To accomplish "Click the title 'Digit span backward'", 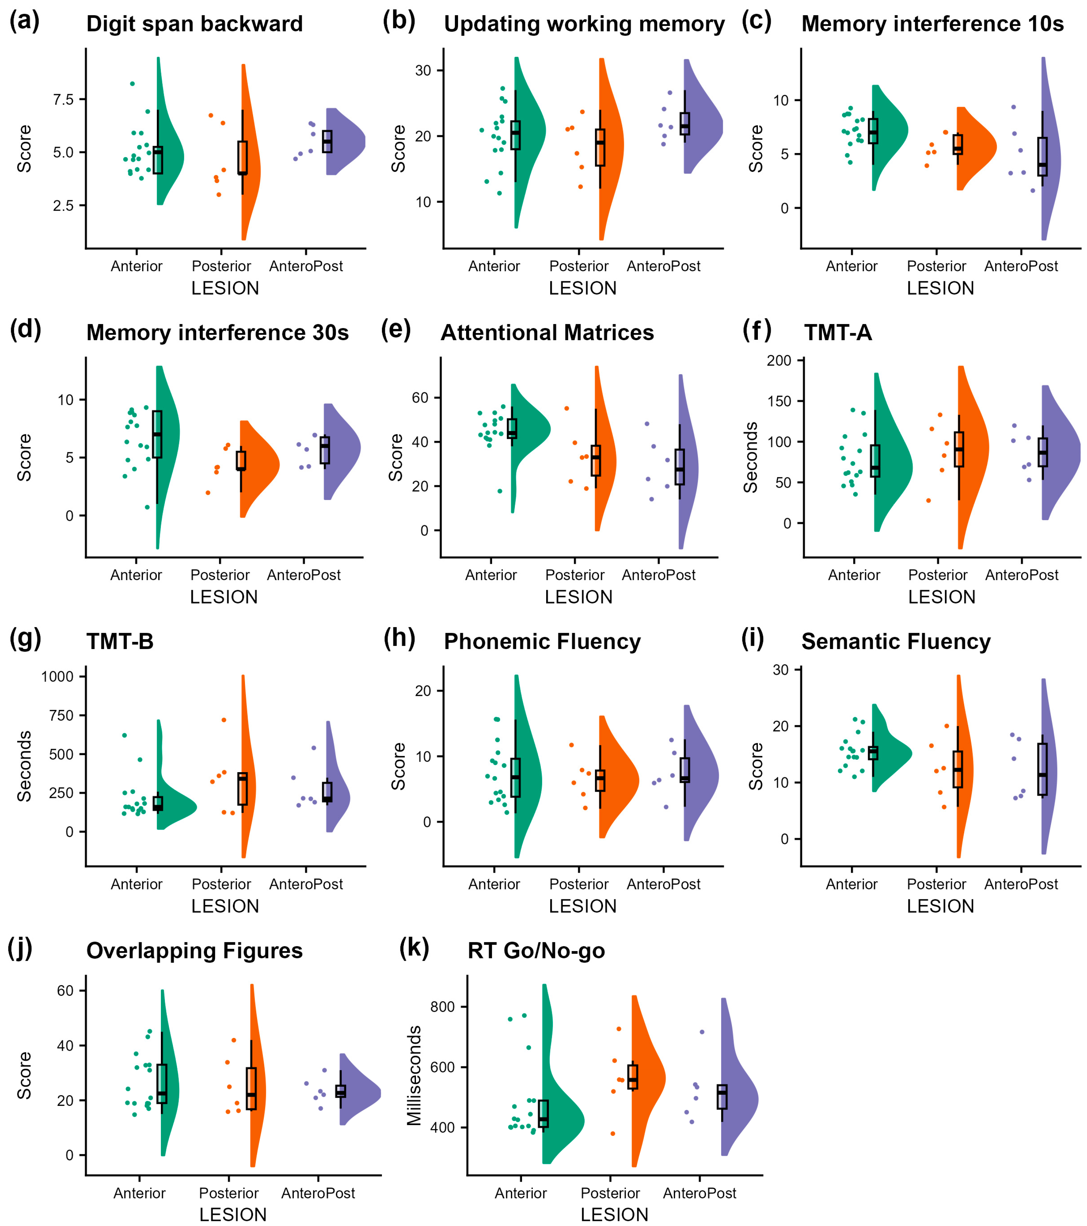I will (195, 24).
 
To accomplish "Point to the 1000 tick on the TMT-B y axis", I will (57, 677).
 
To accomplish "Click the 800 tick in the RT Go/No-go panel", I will (443, 1007).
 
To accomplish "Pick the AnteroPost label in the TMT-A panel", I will (1022, 575).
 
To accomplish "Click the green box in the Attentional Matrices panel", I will (512, 428).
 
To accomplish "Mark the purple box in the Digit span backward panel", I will (327, 142).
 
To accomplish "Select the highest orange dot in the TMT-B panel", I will (224, 720).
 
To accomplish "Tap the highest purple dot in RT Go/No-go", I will (702, 1032).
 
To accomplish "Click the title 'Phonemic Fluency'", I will (542, 642).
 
